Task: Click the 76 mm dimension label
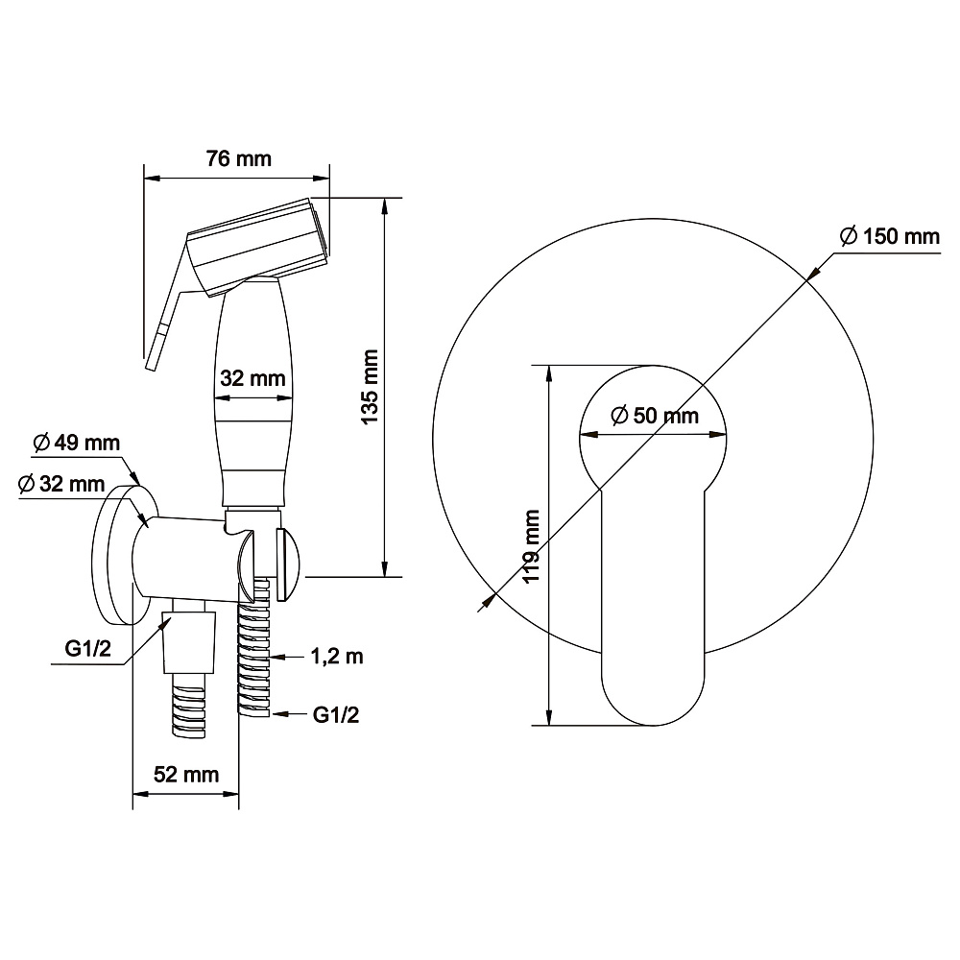tap(238, 158)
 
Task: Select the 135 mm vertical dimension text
tap(370, 387)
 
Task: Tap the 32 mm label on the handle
tap(252, 378)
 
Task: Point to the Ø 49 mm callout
tap(77, 443)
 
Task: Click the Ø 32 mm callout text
tap(61, 484)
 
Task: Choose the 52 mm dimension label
tap(186, 775)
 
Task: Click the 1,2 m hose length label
tap(337, 657)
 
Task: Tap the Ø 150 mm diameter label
tap(890, 236)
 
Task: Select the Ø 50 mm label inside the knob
tap(655, 416)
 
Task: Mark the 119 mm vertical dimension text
tap(531, 547)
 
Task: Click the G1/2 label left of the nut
tap(88, 648)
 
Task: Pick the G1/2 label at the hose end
tap(335, 714)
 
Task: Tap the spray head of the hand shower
tap(258, 245)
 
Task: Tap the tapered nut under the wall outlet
tap(188, 641)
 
